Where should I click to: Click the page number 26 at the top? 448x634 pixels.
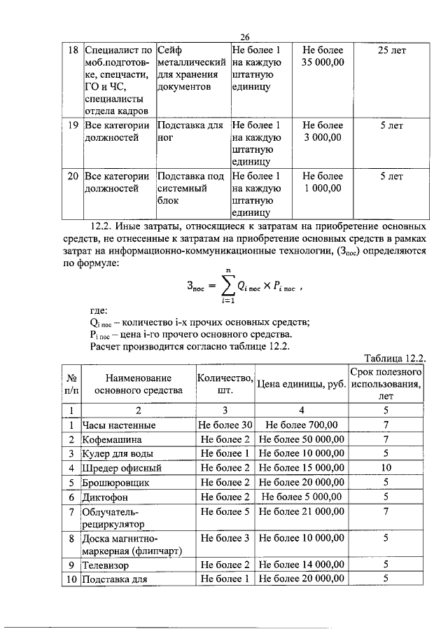[245, 38]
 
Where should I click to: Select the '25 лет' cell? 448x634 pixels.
[391, 51]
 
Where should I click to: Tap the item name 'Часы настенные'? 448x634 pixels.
[119, 425]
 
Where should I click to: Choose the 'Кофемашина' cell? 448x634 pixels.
[113, 439]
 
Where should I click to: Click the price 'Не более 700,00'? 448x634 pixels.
[301, 425]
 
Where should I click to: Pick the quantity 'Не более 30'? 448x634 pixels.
[225, 425]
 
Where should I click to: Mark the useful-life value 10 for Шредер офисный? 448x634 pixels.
[386, 467]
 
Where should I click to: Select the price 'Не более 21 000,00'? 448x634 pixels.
[301, 511]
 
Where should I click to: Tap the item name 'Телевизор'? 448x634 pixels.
[107, 564]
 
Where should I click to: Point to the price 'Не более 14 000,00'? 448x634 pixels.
[301, 564]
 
